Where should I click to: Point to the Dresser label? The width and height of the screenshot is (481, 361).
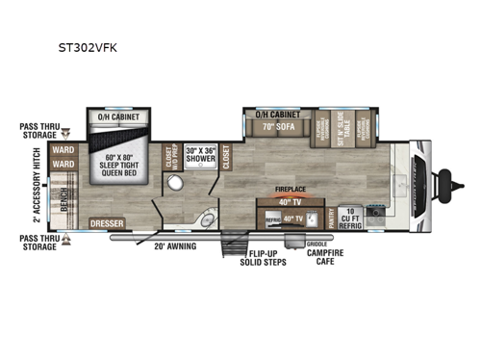pos(109,223)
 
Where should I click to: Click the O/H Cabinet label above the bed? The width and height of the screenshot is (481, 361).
pos(118,116)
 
